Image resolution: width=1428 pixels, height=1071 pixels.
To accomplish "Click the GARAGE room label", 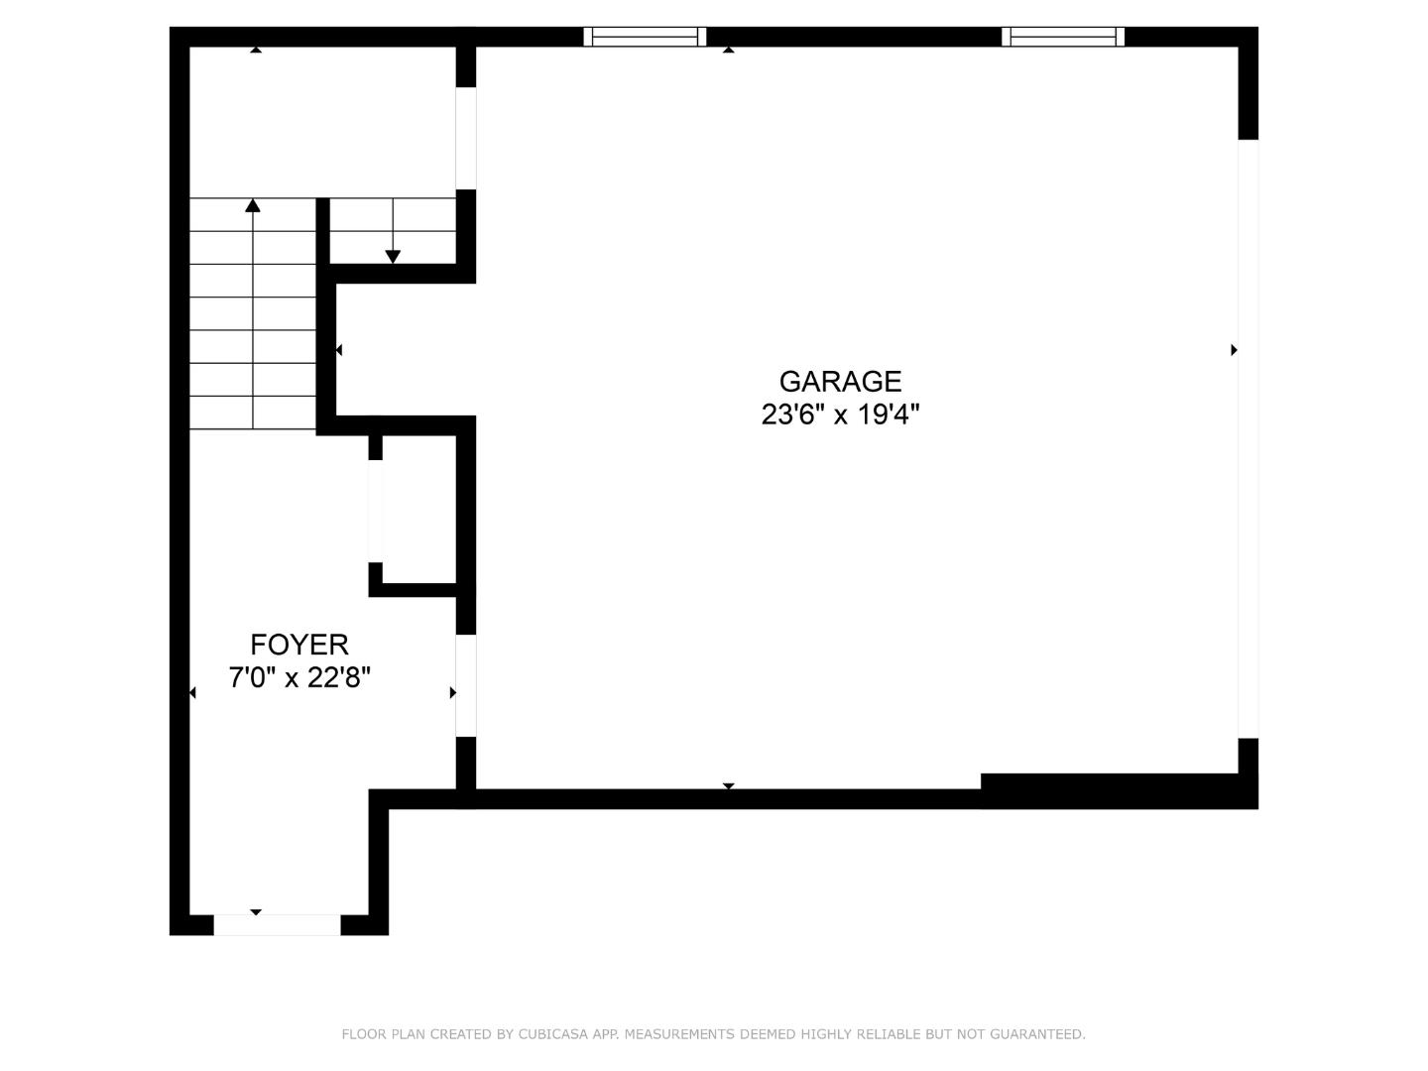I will pyautogui.click(x=840, y=381).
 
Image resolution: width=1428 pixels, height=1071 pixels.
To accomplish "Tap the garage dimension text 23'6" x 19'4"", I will pyautogui.click(x=840, y=415).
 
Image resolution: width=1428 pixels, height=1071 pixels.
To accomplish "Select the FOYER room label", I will pyautogui.click(x=298, y=645).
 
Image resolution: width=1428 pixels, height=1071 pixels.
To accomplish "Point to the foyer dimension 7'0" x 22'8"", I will pyautogui.click(x=298, y=678).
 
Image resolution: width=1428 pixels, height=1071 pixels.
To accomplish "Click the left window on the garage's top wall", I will pyautogui.click(x=645, y=37).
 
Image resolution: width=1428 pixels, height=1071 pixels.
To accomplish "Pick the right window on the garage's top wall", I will pyautogui.click(x=1063, y=37).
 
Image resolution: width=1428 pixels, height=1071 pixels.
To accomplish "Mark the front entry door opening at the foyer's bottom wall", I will pyautogui.click(x=277, y=925).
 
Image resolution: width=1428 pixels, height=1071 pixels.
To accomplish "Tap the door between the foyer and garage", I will pyautogui.click(x=465, y=685).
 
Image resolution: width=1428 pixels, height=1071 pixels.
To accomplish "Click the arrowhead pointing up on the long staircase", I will pyautogui.click(x=253, y=205).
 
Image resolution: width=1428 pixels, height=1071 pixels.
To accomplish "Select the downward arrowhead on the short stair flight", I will pyautogui.click(x=393, y=257).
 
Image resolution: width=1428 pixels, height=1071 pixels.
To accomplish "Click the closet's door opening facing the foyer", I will pyautogui.click(x=376, y=512).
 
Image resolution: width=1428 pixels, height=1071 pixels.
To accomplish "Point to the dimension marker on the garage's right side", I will pyautogui.click(x=1234, y=349).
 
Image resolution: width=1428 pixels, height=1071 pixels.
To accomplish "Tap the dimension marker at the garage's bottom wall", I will pyautogui.click(x=729, y=785).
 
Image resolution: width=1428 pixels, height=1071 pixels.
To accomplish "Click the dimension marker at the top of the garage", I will pyautogui.click(x=729, y=49).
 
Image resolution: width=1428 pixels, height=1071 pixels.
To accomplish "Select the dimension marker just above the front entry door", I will pyautogui.click(x=256, y=911).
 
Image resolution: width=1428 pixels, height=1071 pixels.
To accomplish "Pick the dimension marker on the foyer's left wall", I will pyautogui.click(x=192, y=692).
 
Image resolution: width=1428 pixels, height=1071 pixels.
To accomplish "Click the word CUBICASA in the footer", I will pyautogui.click(x=556, y=1034).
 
